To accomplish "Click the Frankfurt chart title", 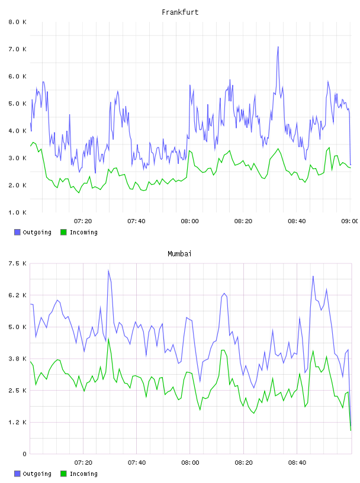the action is coord(180,12).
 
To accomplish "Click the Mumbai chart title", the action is coord(179,254).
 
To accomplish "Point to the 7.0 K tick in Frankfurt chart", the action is coord(17,49).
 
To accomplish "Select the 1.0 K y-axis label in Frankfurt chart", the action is coord(17,212).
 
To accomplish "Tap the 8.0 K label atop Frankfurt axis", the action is coord(17,22).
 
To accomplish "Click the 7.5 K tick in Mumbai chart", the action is coord(17,263).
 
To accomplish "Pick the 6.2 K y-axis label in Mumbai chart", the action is coord(17,295).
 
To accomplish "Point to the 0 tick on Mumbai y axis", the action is coord(25,454).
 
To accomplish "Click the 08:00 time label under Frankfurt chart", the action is coord(190,221).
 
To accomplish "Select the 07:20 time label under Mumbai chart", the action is coord(83,463).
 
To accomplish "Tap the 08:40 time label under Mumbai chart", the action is coord(297,463).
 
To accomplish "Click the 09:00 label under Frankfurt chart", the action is coord(350,221).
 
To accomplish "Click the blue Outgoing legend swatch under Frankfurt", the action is coord(17,232).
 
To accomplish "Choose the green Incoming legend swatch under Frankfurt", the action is coord(63,232).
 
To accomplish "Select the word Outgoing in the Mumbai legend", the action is coord(37,474).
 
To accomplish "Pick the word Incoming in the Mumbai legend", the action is coord(83,474).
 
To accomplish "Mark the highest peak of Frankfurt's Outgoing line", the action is coord(278,47).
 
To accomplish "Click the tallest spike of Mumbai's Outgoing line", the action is coord(108,271).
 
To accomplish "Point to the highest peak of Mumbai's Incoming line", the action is coord(108,339).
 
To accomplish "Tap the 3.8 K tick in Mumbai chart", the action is coord(17,359).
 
